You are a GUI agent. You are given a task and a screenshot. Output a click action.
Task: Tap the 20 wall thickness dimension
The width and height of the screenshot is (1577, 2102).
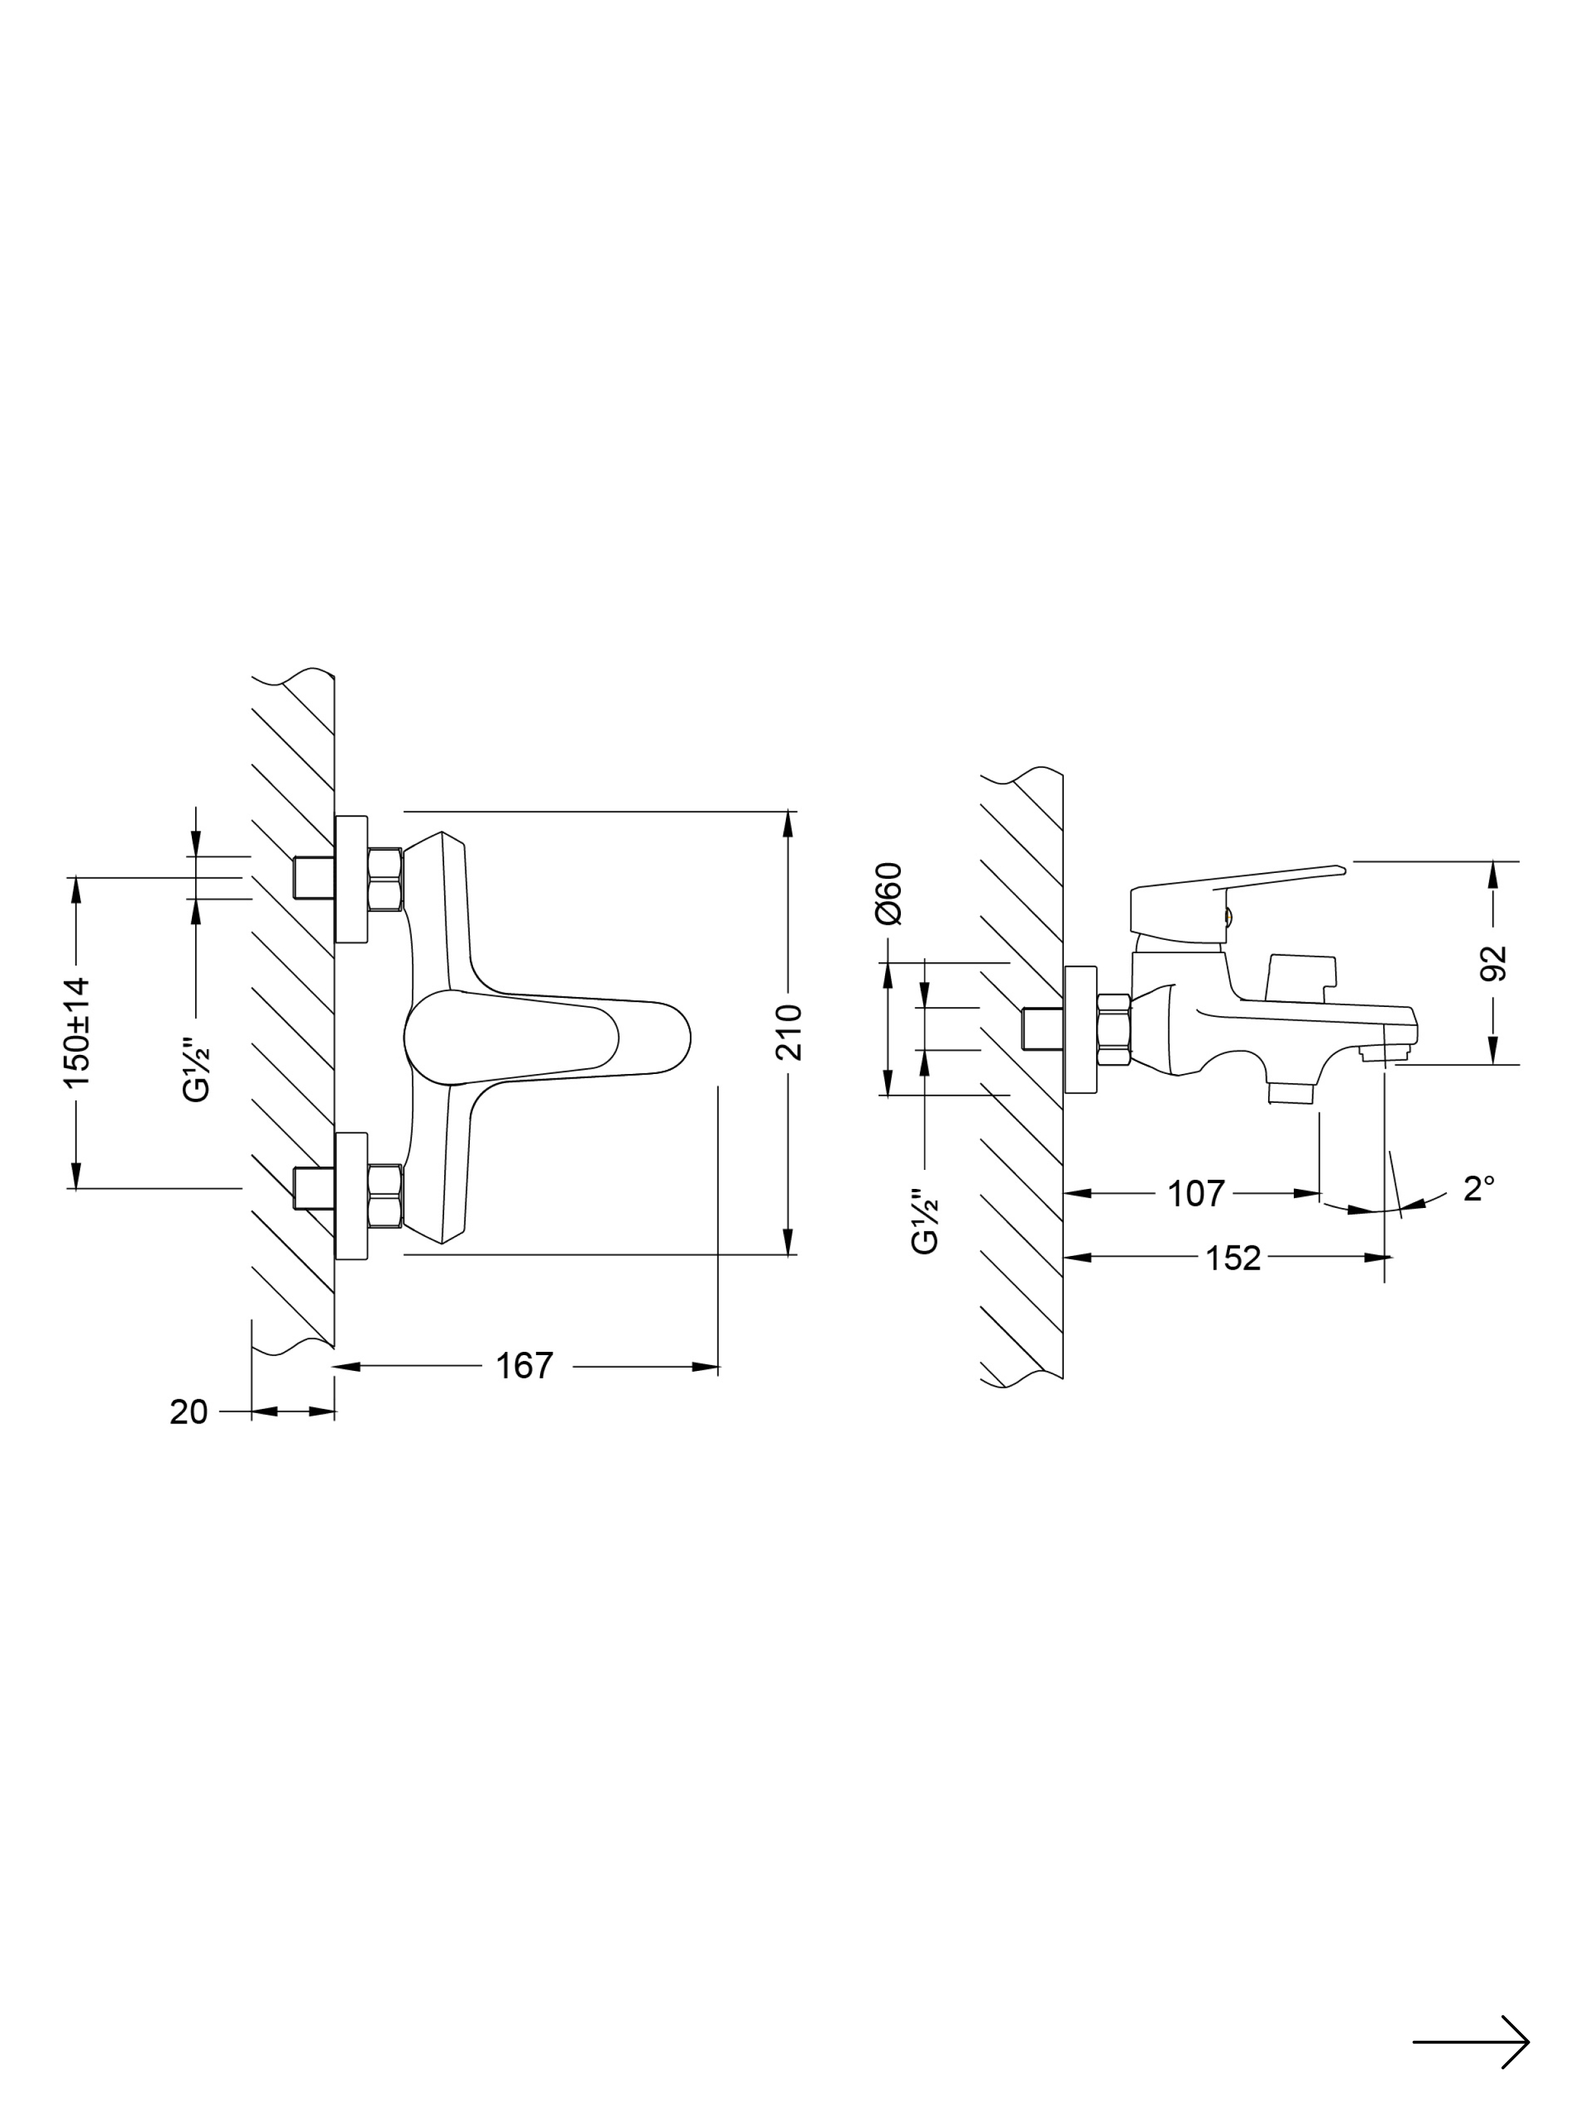point(188,1412)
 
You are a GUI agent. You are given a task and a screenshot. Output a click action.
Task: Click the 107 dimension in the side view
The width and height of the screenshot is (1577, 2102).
point(1196,1194)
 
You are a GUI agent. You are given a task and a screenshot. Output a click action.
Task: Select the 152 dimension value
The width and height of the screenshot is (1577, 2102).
point(1233,1258)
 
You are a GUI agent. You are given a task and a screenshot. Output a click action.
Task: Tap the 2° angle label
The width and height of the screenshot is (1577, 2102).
point(1478,1189)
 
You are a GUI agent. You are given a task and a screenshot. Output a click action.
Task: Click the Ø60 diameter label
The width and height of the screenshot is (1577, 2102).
point(889,893)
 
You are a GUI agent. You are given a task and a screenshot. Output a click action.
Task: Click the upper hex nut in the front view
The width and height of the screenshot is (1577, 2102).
point(384,879)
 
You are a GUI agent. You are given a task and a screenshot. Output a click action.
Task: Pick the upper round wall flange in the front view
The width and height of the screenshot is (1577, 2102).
point(352,878)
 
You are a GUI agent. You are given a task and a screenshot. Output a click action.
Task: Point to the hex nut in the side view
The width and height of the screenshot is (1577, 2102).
point(1112,1030)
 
